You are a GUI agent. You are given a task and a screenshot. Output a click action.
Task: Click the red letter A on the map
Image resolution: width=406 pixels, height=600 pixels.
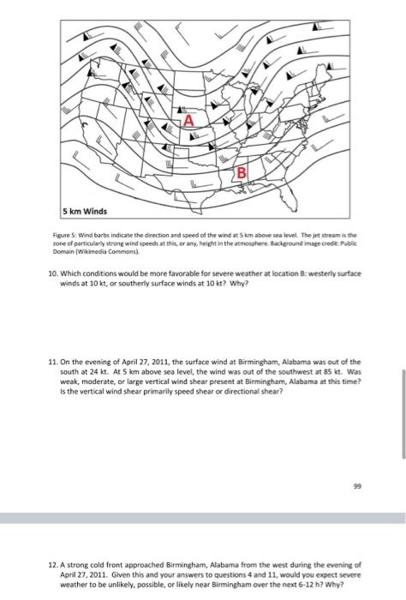(188, 121)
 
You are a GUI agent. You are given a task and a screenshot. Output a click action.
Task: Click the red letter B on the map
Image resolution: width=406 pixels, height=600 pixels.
(242, 173)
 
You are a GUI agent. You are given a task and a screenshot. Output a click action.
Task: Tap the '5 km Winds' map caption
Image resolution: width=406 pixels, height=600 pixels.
(85, 211)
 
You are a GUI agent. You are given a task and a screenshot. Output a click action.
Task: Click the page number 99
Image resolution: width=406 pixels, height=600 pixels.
(357, 486)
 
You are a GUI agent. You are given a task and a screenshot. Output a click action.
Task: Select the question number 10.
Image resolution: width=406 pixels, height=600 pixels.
(53, 273)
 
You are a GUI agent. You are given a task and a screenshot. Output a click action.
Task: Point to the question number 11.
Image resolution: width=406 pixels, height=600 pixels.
(53, 362)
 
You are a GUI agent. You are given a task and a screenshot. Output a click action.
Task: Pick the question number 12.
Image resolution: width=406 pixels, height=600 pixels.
(53, 565)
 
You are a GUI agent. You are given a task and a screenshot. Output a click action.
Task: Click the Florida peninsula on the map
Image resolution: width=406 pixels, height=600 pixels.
(289, 198)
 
